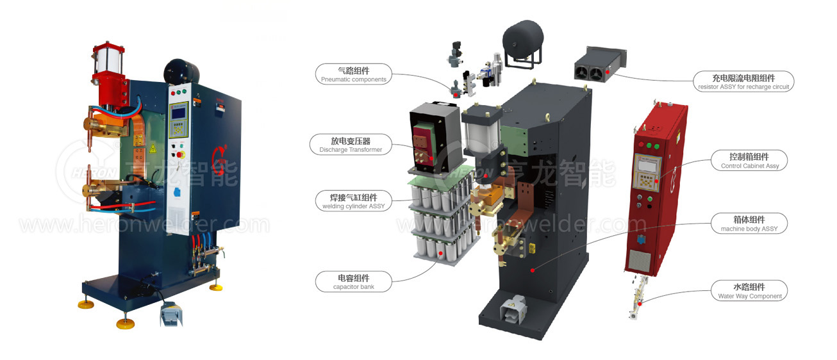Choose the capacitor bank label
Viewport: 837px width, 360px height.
click(x=353, y=282)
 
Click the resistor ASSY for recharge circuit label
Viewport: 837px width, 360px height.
click(x=743, y=81)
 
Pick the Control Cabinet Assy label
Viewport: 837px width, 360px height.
click(x=749, y=161)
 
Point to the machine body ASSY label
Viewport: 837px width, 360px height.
click(x=749, y=224)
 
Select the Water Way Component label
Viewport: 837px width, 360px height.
click(x=749, y=291)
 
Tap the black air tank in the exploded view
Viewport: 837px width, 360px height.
click(x=522, y=38)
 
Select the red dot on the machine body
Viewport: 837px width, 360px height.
click(x=532, y=270)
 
